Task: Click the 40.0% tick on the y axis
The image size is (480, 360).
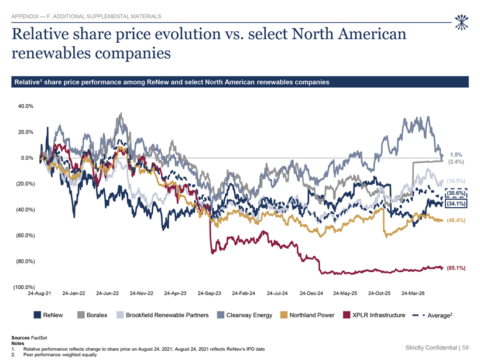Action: pos(26,106)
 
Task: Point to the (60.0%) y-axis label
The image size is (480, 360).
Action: pos(25,235)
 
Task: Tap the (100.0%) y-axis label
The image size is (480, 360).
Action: pos(24,287)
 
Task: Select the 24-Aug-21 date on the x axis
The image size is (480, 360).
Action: pos(39,293)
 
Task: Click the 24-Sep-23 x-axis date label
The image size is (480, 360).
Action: pos(210,293)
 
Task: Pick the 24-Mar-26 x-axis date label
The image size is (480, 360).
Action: pos(413,293)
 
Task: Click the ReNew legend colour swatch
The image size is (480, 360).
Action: pos(37,315)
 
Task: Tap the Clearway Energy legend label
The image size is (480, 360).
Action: pos(249,315)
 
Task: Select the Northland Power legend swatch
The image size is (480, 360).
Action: pos(284,315)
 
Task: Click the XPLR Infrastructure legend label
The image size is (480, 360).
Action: pos(379,315)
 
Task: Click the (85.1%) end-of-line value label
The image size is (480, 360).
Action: pos(456,268)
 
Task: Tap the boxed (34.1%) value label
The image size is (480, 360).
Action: pos(456,204)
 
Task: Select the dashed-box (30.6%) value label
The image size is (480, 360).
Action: pos(456,193)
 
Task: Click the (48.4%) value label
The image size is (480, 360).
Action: pos(456,221)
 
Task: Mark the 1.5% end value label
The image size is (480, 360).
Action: pos(456,155)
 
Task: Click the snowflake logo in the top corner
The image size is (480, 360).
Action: pos(462,22)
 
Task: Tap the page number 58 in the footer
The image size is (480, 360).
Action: pos(465,348)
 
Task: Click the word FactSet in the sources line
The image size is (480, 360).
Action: pos(39,338)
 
